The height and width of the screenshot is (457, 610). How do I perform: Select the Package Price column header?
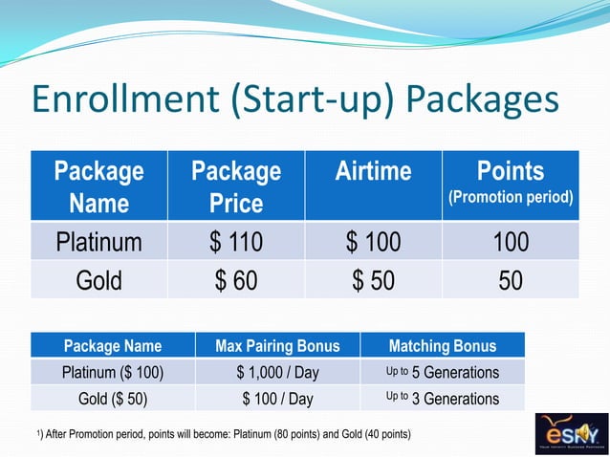click(x=236, y=186)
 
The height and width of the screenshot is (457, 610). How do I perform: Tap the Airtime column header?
click(x=373, y=172)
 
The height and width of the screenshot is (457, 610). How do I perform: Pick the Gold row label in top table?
click(x=98, y=279)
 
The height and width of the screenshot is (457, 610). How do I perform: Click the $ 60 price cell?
click(x=236, y=279)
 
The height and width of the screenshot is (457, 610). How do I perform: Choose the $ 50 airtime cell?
click(x=373, y=279)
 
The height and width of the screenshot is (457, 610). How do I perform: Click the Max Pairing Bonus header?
click(x=277, y=345)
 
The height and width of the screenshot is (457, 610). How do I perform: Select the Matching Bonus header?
click(x=442, y=345)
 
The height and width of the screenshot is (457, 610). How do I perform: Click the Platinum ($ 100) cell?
click(x=113, y=372)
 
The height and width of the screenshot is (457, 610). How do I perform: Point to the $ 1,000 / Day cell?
click(x=277, y=372)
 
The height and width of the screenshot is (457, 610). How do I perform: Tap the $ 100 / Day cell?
click(x=277, y=398)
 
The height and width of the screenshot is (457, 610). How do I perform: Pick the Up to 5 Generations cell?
click(x=442, y=372)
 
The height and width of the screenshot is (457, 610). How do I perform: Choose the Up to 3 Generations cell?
click(x=442, y=398)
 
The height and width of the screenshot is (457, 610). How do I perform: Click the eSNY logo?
click(x=569, y=431)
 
